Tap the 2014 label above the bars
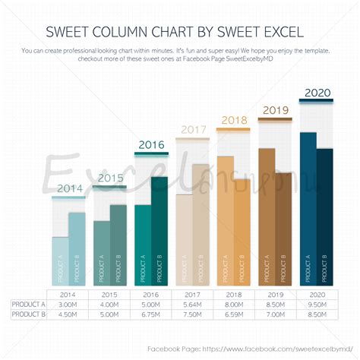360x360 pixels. (x=69, y=188)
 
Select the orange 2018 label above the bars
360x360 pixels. (x=233, y=120)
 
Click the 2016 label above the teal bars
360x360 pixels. (x=150, y=144)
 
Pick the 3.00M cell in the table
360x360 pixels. (x=68, y=304)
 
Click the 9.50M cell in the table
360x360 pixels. (x=317, y=304)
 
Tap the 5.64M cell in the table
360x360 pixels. (x=192, y=304)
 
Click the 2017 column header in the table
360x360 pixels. (x=192, y=294)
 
